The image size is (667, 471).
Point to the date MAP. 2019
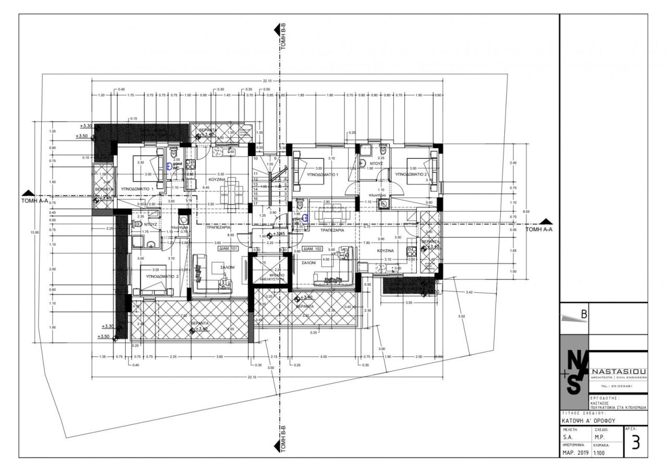pos(575,453)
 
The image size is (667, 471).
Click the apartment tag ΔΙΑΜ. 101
pos(228,249)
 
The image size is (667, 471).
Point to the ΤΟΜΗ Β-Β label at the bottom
pos(283,440)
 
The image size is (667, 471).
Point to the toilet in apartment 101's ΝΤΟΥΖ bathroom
pos(138,224)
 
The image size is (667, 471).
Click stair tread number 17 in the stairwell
pos(256,203)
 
